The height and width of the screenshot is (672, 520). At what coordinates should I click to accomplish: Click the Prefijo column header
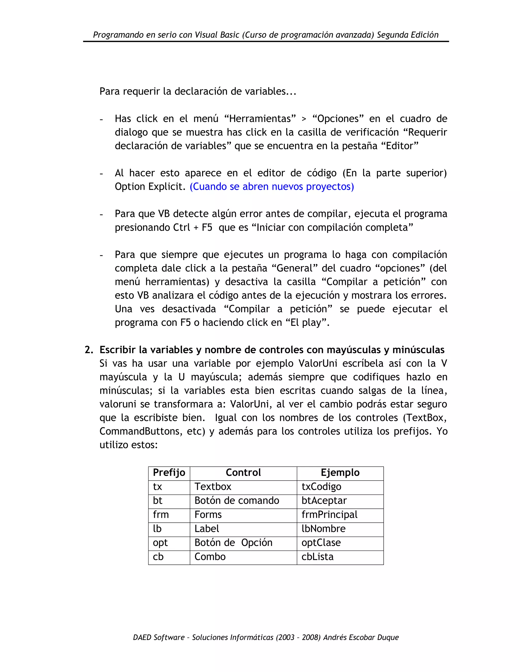[169, 472]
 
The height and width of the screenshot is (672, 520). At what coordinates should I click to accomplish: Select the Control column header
[243, 472]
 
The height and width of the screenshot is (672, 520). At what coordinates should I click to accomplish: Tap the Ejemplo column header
[340, 472]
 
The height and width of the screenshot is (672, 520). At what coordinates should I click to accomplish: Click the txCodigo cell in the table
[321, 486]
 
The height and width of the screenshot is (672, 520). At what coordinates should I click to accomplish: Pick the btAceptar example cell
[324, 501]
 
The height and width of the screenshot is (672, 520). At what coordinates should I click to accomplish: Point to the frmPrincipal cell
[329, 515]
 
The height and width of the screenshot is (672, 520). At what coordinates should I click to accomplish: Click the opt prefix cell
[160, 543]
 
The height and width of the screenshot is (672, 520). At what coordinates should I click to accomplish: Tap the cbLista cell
[317, 557]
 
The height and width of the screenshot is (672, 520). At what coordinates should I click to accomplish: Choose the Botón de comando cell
[237, 501]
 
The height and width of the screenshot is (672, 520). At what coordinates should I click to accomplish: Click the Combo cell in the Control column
[210, 557]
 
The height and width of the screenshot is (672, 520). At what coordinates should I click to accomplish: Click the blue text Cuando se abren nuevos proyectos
[272, 186]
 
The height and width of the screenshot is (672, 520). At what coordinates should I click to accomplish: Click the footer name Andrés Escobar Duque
[361, 637]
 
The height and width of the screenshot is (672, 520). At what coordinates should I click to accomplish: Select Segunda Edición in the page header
[408, 35]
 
